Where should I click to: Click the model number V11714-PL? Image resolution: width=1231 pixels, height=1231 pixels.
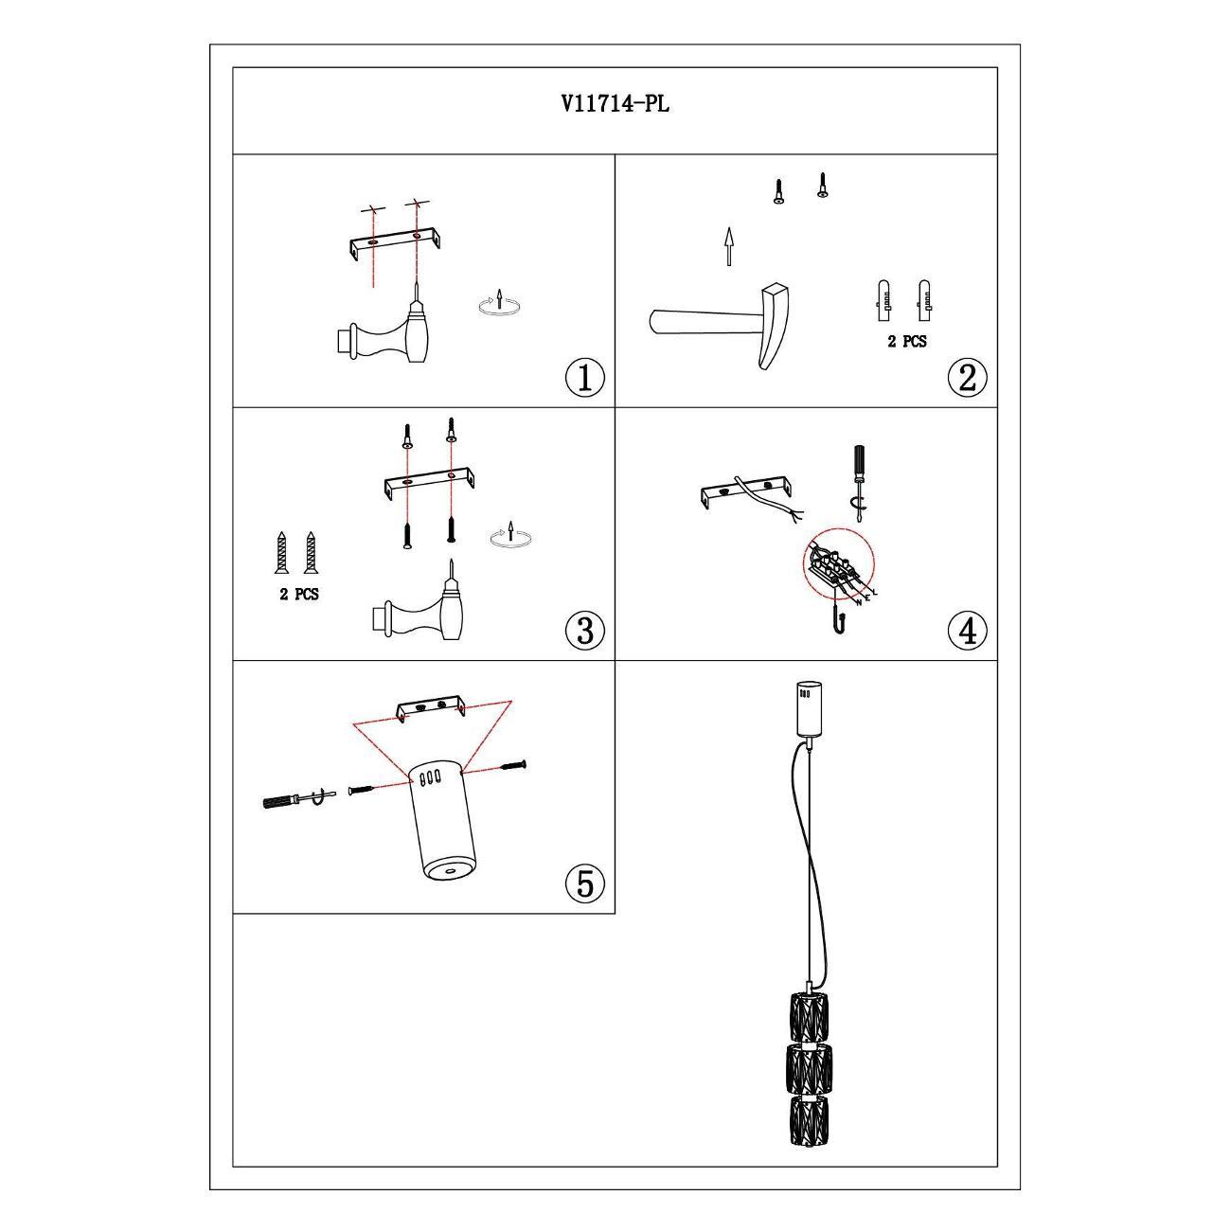point(615,103)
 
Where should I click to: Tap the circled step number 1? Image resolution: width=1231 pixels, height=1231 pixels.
point(585,378)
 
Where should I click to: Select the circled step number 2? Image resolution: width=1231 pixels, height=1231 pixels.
point(968,376)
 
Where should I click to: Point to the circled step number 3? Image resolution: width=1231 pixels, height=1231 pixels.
point(585,630)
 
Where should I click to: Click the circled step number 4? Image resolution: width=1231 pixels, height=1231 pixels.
point(968,631)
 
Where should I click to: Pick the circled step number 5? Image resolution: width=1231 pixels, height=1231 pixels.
point(585,883)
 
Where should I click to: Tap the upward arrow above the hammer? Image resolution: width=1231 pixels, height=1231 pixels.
point(728,245)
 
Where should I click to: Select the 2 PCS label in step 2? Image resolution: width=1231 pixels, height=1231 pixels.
point(907,342)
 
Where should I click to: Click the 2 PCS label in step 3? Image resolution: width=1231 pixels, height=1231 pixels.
point(299,594)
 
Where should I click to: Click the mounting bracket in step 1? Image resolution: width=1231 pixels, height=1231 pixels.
point(396,244)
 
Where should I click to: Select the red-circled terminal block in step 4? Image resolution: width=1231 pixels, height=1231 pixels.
point(838,563)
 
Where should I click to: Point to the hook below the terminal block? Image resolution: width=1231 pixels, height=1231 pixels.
point(839,620)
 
